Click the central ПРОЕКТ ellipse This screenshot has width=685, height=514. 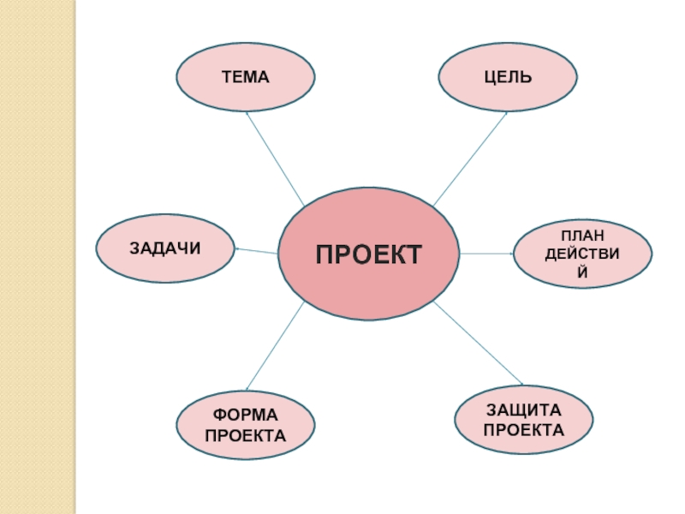pos(369,254)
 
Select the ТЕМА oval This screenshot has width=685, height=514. pos(245,77)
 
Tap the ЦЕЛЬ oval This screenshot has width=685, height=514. pos(508,77)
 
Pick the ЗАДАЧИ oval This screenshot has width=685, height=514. pos(164,248)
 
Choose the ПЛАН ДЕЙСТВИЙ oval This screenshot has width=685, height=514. pos(582,254)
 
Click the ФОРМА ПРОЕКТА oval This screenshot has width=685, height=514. pos(245,427)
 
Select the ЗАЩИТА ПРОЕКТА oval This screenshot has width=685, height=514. pos(524,420)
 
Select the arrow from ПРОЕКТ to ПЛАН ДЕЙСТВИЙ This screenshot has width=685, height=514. pos(486,254)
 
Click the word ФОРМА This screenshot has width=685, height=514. pos(245,416)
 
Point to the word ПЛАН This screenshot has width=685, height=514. pos(582,235)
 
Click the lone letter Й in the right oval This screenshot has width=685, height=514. pos(582,273)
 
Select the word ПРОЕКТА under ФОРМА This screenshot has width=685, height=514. pos(245,436)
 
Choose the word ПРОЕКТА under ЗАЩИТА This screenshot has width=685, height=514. pos(524,429)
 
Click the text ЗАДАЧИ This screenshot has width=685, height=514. pos(164,248)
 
